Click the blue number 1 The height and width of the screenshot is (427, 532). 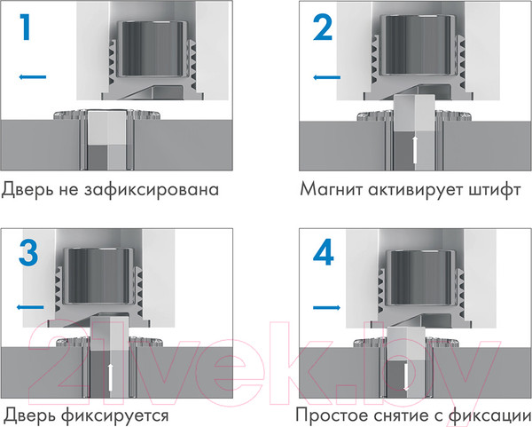[x=26, y=28]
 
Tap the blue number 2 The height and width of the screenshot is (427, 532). [x=323, y=28]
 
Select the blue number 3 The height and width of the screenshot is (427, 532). [x=28, y=253]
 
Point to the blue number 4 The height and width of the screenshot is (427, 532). [x=324, y=253]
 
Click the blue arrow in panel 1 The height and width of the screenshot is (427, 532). [x=32, y=77]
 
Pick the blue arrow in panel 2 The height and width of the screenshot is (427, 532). [x=326, y=77]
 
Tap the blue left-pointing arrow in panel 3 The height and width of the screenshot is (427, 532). [x=30, y=307]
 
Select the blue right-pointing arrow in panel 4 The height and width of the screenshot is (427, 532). [x=326, y=308]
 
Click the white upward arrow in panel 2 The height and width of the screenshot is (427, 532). [x=414, y=149]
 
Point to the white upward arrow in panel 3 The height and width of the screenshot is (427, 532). [x=110, y=376]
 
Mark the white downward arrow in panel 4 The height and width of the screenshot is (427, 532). [x=406, y=377]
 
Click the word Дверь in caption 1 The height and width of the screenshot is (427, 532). [x=27, y=190]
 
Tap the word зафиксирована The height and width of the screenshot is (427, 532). [x=152, y=190]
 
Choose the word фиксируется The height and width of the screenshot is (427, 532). [x=115, y=415]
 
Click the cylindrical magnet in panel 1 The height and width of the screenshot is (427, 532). [x=153, y=49]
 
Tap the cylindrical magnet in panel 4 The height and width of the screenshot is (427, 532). [x=420, y=278]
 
